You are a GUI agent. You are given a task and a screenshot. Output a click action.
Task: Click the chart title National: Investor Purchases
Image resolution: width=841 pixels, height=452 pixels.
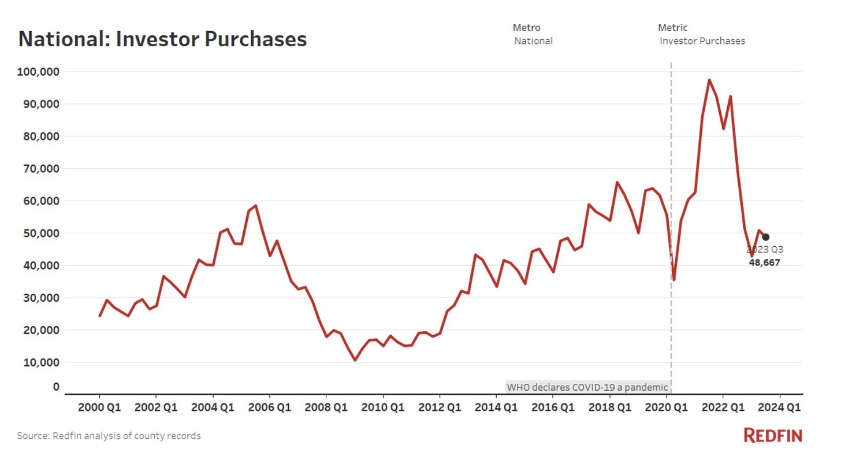click(162, 39)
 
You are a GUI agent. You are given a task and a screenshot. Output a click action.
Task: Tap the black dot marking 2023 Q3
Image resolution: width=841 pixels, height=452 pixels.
click(766, 237)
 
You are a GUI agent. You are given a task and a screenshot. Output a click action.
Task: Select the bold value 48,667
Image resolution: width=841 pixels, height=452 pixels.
click(764, 262)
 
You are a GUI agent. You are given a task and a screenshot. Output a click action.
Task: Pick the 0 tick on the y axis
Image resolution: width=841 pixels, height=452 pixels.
click(56, 387)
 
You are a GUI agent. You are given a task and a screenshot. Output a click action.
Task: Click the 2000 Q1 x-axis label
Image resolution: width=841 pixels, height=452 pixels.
click(99, 407)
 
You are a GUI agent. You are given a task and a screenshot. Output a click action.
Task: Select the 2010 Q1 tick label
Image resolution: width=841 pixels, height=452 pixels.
click(383, 407)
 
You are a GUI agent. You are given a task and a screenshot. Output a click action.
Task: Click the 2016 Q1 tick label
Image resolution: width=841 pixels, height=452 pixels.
click(553, 407)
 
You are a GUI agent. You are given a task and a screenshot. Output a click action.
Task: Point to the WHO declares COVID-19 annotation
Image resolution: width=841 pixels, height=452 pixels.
click(587, 387)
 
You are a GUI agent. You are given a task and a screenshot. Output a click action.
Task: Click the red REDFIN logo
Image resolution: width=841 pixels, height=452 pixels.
click(773, 435)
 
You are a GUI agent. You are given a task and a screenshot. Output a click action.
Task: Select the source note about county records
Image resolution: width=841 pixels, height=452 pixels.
click(109, 436)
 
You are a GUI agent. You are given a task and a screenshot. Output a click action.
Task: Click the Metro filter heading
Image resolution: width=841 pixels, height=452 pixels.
click(526, 28)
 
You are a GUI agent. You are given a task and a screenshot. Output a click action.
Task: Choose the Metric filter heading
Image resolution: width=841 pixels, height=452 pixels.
click(672, 28)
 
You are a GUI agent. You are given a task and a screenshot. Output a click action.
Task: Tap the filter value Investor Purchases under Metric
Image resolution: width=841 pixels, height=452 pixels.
click(702, 41)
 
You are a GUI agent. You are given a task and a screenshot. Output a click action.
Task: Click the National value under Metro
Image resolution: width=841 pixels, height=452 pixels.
click(533, 41)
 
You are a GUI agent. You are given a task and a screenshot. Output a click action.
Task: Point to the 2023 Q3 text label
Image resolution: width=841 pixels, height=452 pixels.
click(765, 250)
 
